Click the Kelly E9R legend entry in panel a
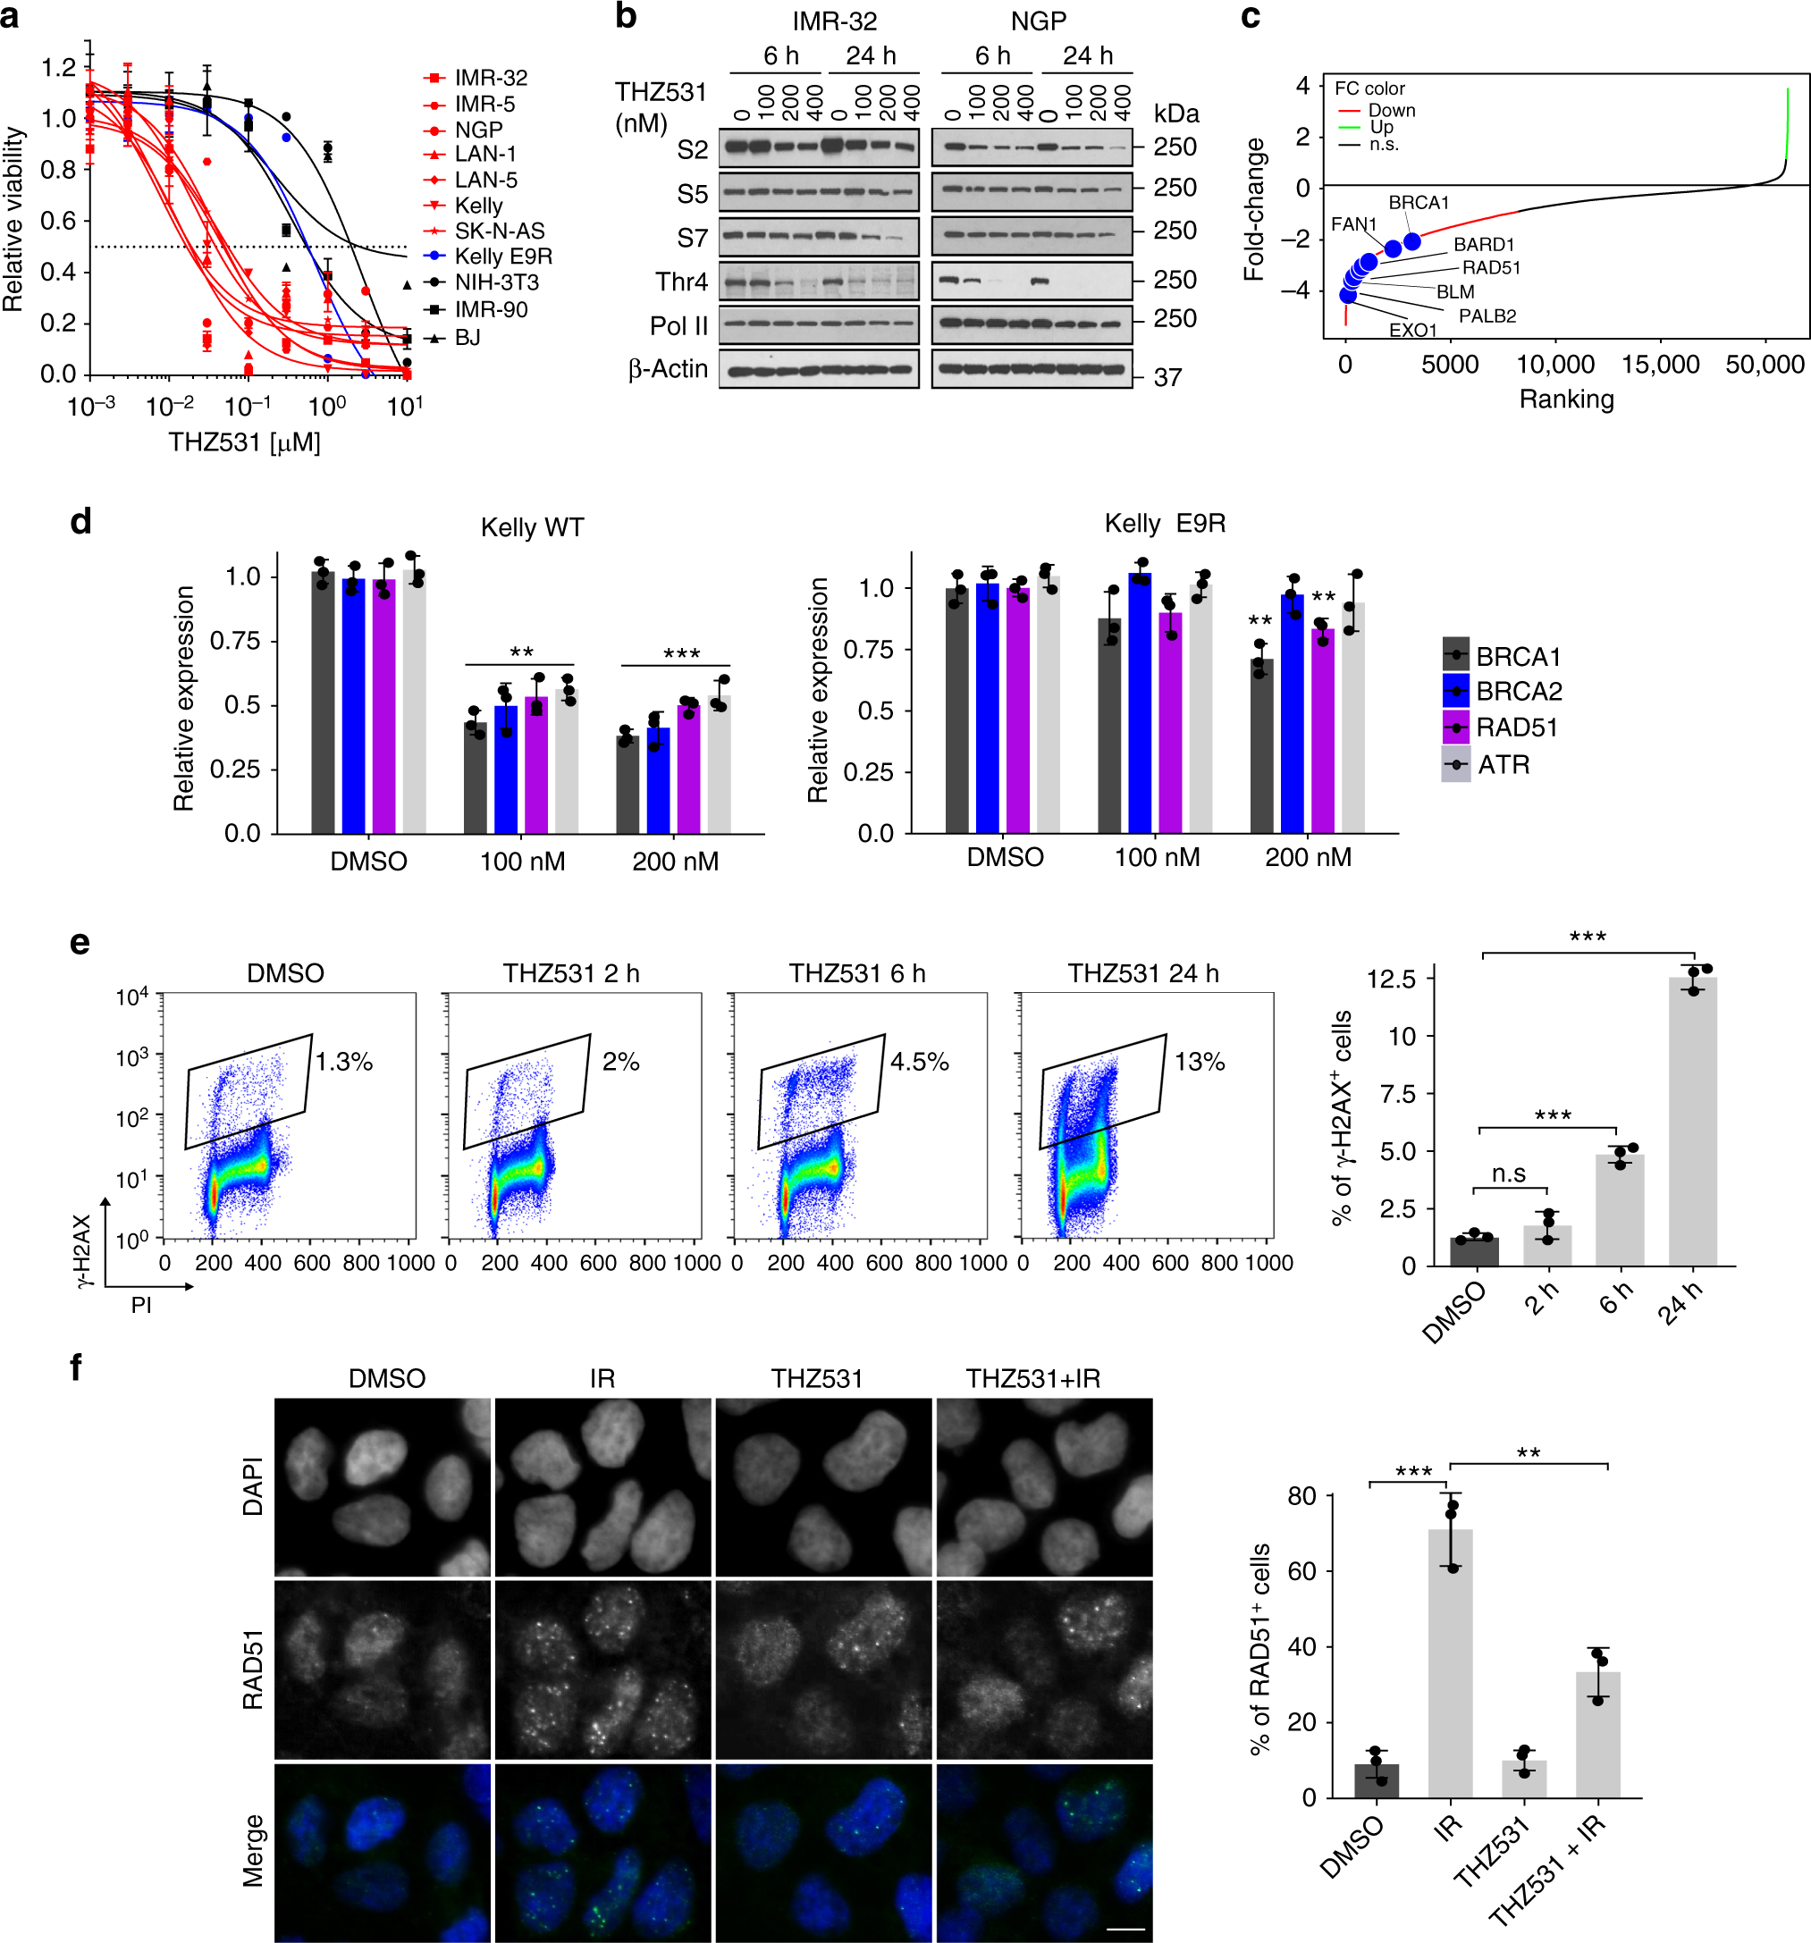[502, 257]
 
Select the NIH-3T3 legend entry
[495, 282]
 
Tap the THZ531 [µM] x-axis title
[244, 442]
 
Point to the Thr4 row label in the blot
[681, 282]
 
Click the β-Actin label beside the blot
[668, 369]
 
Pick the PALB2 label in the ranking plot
[1487, 315]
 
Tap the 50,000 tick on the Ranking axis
[1765, 365]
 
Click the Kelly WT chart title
[532, 528]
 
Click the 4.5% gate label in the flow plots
[919, 1062]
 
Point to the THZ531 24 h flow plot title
[1142, 973]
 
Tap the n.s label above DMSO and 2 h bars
[1509, 1173]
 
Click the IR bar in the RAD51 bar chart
[1451, 1662]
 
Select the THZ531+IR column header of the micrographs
[1033, 1378]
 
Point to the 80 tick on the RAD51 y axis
[1301, 1496]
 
